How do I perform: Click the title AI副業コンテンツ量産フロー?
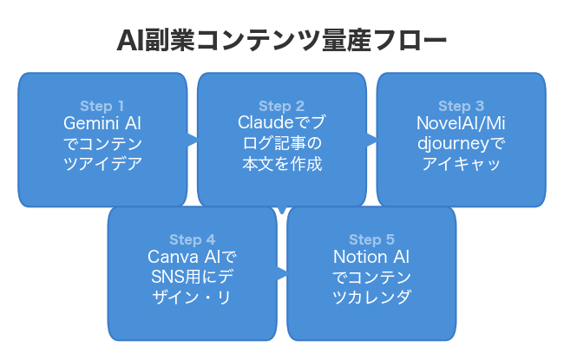[x=282, y=41]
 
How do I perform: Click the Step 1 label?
[x=102, y=106]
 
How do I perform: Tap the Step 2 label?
[x=281, y=106]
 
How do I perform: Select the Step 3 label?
[x=461, y=106]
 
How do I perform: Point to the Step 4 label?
[x=192, y=239]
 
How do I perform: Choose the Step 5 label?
[x=371, y=239]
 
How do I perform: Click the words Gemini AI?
[x=102, y=123]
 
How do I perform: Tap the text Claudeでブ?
[x=281, y=123]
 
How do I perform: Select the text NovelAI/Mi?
[x=461, y=123]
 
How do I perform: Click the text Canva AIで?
[x=192, y=258]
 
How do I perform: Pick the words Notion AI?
[x=371, y=258]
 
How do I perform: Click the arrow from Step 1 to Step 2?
[x=192, y=139]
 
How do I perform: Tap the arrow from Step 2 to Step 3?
[x=371, y=139]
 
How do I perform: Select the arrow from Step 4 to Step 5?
[x=282, y=273]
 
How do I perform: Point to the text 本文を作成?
[x=281, y=164]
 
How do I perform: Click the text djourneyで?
[x=461, y=143]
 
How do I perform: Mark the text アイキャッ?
[x=461, y=164]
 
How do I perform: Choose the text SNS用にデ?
[x=192, y=278]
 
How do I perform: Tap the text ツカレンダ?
[x=371, y=298]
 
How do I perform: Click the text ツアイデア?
[x=102, y=164]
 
